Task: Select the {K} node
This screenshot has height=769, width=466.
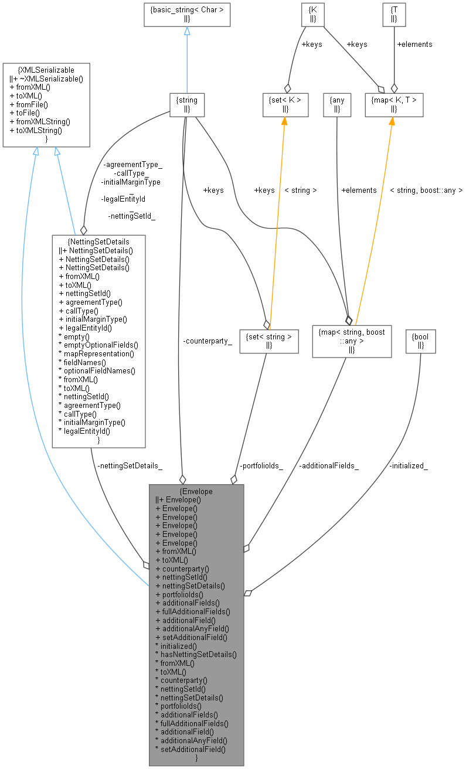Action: coord(312,15)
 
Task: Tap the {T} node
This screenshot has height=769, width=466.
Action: coord(394,15)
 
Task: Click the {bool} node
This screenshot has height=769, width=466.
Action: coord(421,341)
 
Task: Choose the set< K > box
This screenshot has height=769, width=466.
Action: coord(285,104)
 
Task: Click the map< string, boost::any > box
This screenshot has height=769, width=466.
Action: coord(351,341)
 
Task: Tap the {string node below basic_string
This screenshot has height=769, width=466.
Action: coord(187,104)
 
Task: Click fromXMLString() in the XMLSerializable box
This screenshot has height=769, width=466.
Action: coord(40,122)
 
